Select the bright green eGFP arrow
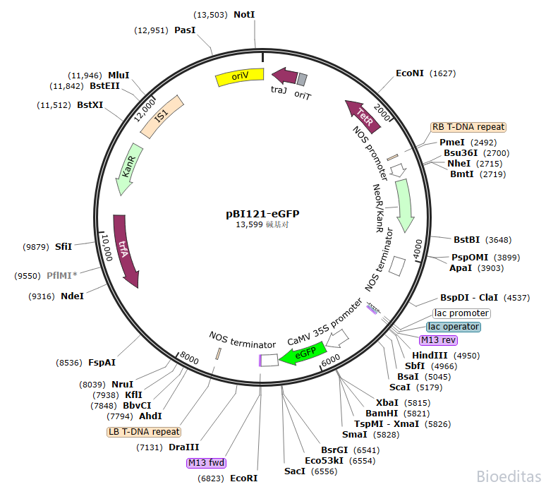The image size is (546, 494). [303, 354]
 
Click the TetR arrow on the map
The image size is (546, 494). [363, 115]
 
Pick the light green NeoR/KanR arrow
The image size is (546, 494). [404, 205]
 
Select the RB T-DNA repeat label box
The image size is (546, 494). [468, 127]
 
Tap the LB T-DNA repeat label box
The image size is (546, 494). [144, 431]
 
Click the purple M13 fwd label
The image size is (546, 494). [206, 463]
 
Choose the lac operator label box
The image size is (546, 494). [454, 327]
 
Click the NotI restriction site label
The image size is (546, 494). [244, 14]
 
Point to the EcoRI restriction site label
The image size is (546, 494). [244, 478]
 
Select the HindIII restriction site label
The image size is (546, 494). [430, 355]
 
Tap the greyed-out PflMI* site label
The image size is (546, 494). [62, 275]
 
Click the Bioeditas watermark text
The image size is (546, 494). [509, 477]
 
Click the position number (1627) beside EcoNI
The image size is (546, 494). [443, 73]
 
